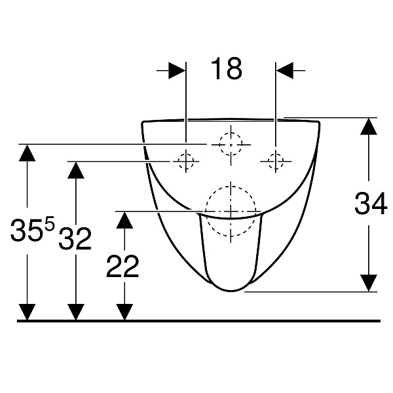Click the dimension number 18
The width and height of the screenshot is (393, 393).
point(227,68)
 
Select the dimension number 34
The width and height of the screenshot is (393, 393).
point(371,203)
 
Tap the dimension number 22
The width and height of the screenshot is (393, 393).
point(122,266)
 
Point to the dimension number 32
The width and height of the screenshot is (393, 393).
point(75,238)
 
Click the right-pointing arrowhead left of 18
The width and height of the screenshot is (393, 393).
point(178,71)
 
